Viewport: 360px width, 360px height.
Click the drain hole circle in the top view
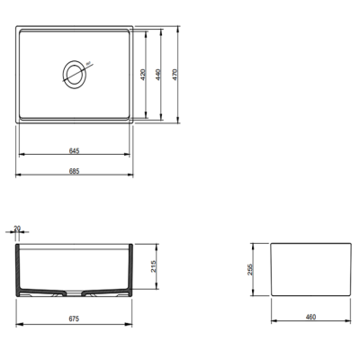coord(74,73)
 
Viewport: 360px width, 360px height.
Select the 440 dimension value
coord(157,75)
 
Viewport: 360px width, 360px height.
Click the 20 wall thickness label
coord(17,229)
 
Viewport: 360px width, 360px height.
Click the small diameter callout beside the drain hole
coord(87,64)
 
